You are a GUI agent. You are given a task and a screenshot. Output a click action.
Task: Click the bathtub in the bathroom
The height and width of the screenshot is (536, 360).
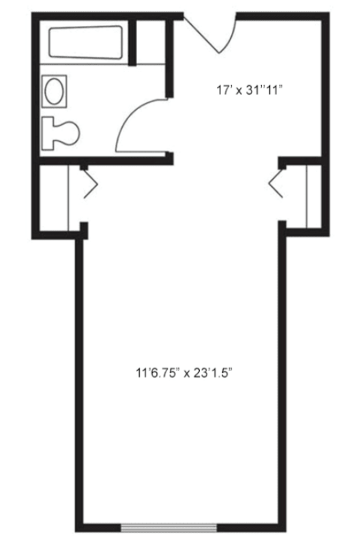coord(85,42)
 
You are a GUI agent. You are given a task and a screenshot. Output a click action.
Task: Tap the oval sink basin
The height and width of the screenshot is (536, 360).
coord(54,91)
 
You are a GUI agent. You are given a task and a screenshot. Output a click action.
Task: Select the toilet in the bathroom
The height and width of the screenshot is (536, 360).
coord(60,133)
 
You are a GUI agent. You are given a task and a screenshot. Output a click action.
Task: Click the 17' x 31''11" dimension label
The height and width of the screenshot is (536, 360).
coord(250,91)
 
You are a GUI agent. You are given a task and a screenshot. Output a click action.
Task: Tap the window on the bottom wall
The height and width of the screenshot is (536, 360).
coord(168,527)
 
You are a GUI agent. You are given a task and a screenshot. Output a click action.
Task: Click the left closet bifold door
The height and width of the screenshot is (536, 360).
coord(91,184)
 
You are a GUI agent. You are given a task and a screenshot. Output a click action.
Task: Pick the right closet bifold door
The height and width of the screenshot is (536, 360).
coord(275,184)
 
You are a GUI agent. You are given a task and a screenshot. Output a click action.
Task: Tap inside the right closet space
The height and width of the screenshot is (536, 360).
coord(314,196)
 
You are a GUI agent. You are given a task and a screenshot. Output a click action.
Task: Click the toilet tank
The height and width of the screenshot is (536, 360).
coord(48,133)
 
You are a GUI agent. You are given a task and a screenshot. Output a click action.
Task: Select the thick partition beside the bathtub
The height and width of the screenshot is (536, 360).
coord(132,42)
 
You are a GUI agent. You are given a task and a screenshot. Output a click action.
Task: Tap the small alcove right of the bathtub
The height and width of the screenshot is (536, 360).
coord(151,42)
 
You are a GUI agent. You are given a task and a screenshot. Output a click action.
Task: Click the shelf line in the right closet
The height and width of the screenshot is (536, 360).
coord(306,196)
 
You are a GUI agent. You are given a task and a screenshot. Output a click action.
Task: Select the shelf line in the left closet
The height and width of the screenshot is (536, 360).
coord(69,198)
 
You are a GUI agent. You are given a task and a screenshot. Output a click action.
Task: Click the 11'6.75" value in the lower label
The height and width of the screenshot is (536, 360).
coord(158,372)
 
